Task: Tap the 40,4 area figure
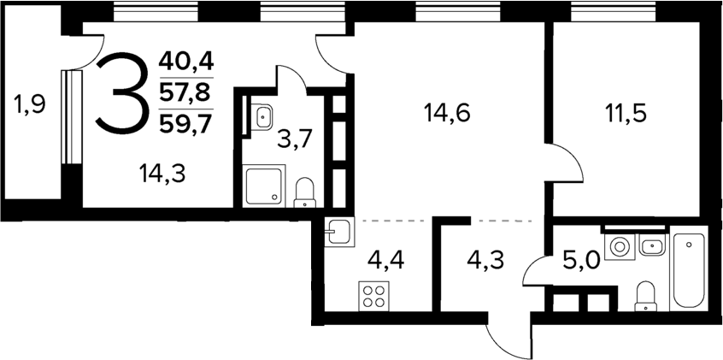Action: [x=185, y=62]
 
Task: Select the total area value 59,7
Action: [x=185, y=124]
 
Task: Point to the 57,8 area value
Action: [x=185, y=92]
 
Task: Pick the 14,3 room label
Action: [x=162, y=174]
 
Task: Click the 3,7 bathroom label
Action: [x=293, y=139]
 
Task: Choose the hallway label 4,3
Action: [x=485, y=257]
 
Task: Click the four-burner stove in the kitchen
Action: [x=373, y=296]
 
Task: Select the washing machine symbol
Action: [x=617, y=247]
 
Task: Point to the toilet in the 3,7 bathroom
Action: [x=304, y=193]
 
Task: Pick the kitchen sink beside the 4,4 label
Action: [x=338, y=232]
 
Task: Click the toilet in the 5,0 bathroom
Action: [x=646, y=295]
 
